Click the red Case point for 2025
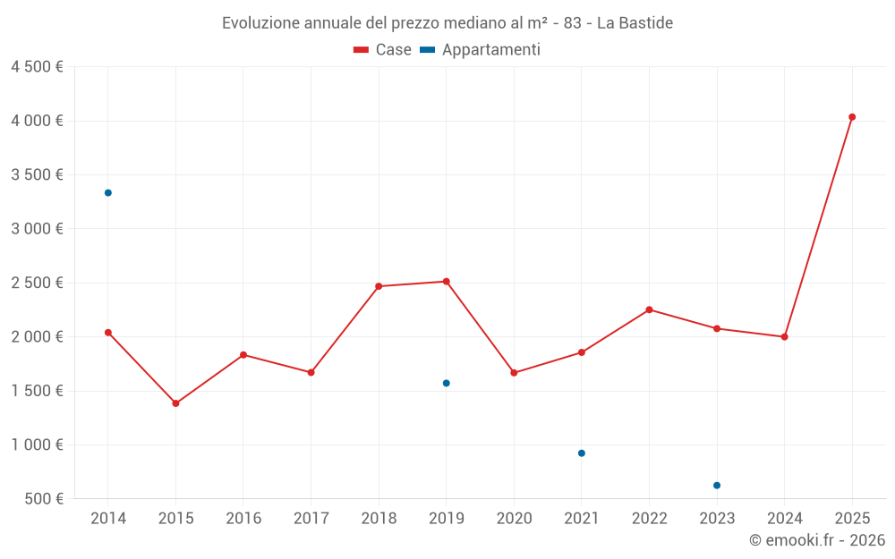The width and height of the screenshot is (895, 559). click(x=852, y=117)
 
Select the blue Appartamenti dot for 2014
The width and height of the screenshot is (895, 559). click(x=108, y=193)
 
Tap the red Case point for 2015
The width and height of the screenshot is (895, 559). click(x=175, y=403)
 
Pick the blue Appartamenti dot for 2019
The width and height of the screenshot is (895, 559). click(x=447, y=384)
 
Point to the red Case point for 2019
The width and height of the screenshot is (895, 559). click(x=447, y=282)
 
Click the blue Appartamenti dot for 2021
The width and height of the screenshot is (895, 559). click(x=582, y=453)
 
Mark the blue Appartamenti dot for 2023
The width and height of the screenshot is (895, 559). click(x=717, y=486)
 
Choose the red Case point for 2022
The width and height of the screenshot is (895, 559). click(x=649, y=309)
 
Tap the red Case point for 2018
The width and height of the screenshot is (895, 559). click(x=379, y=286)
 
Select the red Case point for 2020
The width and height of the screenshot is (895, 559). click(x=514, y=373)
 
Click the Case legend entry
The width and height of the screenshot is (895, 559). click(x=383, y=50)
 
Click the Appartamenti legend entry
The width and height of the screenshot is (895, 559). click(x=481, y=50)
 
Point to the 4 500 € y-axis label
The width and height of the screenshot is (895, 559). click(x=37, y=67)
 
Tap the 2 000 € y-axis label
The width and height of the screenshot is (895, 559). click(x=37, y=337)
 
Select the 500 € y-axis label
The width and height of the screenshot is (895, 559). click(x=43, y=499)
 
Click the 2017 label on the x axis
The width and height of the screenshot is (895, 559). click(x=311, y=519)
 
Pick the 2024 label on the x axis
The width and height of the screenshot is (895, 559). click(x=784, y=519)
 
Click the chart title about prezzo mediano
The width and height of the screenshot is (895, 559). click(x=447, y=22)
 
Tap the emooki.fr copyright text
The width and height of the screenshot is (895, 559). click(x=816, y=540)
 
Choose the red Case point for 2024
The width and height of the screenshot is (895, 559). click(x=784, y=337)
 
